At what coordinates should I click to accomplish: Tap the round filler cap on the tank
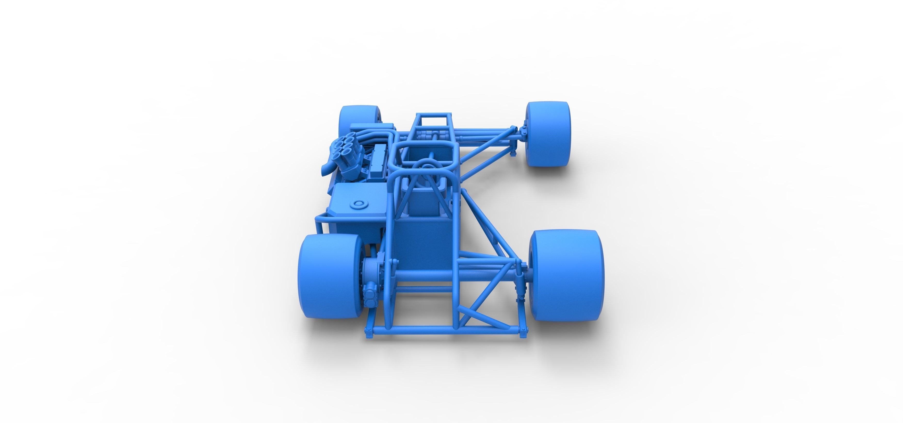point(359,204)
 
